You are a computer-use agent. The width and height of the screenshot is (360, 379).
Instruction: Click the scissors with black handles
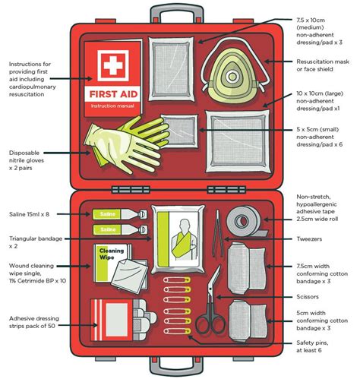211,304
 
